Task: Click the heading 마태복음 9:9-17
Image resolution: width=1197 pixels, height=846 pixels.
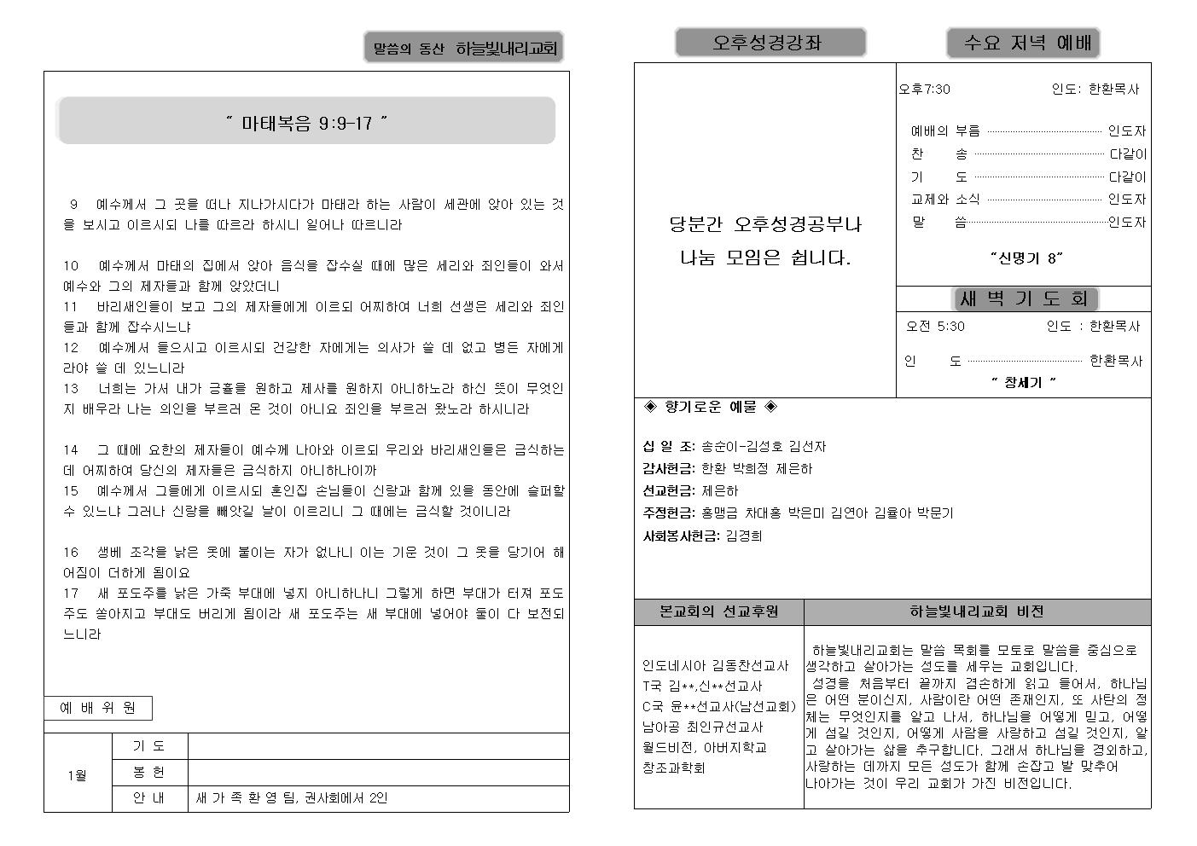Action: click(306, 123)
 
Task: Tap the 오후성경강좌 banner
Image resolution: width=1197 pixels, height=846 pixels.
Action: click(770, 43)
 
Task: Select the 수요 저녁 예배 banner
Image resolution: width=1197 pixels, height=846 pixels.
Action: click(1023, 43)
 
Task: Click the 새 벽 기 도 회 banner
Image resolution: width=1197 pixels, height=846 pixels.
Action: click(1024, 298)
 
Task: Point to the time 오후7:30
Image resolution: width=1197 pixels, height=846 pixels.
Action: click(925, 89)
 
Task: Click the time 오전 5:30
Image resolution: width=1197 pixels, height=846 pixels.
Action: click(935, 326)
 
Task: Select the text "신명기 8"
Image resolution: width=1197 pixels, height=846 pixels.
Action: click(1026, 257)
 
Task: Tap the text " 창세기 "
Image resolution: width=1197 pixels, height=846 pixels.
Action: click(1023, 382)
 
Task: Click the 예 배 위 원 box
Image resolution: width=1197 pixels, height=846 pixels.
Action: click(98, 708)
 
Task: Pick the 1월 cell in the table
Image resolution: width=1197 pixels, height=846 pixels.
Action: click(78, 774)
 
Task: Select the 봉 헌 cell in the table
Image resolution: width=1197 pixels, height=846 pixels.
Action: click(149, 772)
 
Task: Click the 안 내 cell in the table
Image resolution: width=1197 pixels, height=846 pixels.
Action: click(149, 798)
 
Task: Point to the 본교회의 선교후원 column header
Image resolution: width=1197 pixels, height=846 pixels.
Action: click(718, 611)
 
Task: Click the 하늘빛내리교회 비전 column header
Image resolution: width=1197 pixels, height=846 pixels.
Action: click(977, 611)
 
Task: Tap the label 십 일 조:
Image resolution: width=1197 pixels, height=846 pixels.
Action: click(669, 446)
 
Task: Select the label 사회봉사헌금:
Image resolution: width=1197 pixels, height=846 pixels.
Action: click(681, 536)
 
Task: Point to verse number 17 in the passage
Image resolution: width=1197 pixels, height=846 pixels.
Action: click(71, 593)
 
